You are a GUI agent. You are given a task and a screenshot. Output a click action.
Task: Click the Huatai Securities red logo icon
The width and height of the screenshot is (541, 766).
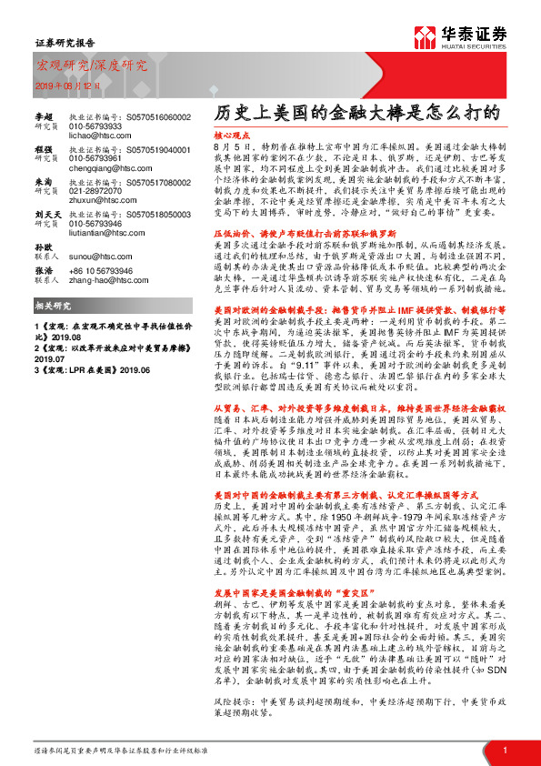click(423, 37)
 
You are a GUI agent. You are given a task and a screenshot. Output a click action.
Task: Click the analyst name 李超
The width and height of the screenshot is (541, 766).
click(45, 117)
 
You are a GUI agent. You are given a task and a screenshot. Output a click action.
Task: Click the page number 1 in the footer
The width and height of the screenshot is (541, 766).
click(504, 749)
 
